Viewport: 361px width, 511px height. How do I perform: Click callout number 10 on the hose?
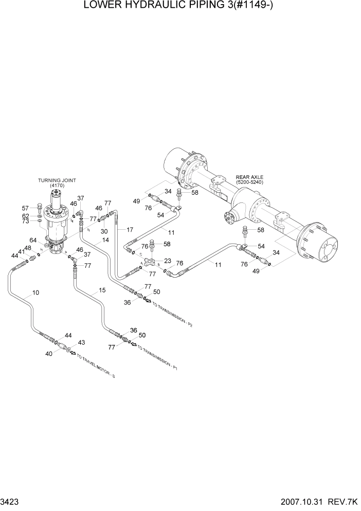tap(35, 293)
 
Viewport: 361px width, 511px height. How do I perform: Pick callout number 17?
tap(130, 229)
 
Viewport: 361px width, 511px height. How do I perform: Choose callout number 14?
tap(105, 240)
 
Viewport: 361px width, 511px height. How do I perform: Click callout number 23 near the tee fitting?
tap(167, 261)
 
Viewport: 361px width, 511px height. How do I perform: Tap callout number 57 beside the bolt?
tap(26, 208)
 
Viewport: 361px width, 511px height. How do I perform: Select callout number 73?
tap(26, 222)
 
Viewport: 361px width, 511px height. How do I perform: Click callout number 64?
tap(33, 240)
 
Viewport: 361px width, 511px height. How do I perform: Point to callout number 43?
tap(81, 343)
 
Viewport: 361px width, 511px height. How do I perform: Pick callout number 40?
tap(49, 354)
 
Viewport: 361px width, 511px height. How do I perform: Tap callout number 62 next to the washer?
tap(26, 215)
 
